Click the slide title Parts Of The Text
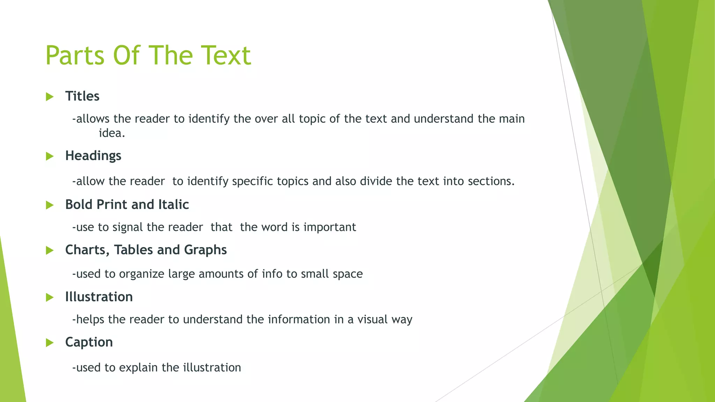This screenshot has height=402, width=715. pos(148,55)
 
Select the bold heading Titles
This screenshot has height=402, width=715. pos(82,96)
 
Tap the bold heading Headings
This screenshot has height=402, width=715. pos(93,156)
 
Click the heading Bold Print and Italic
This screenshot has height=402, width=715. pos(127,204)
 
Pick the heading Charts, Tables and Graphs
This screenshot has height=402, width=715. pos(146,250)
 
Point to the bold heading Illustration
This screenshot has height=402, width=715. pos(99,297)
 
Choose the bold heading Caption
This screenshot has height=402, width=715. pos(89,342)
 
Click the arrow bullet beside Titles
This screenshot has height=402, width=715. pos(50,97)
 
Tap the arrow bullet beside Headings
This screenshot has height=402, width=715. pos(50,156)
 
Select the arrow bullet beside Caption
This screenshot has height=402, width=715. pos(50,343)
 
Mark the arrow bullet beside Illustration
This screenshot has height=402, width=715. pos(50,297)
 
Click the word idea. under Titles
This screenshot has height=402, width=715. pos(112,133)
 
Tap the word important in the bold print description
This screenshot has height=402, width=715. pos(330,228)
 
